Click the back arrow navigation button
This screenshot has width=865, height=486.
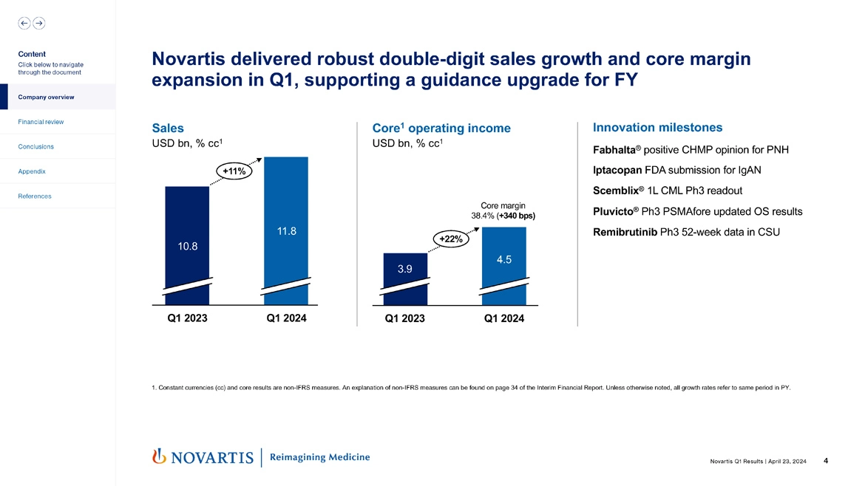[24, 23]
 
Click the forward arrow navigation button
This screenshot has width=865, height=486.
[38, 23]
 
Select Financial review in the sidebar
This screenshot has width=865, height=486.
[41, 121]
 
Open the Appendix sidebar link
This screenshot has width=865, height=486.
[32, 171]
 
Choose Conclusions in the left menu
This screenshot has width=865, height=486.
[35, 146]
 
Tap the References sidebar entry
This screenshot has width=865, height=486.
[34, 196]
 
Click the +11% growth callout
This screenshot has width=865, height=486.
[234, 171]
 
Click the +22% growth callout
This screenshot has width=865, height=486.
[450, 239]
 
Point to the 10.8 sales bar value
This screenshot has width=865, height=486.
[187, 245]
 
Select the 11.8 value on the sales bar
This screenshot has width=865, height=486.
[287, 231]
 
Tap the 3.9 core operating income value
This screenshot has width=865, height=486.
[405, 270]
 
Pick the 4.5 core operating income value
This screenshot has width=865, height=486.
[504, 259]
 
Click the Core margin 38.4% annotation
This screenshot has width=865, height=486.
[503, 211]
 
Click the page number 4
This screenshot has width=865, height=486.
[825, 461]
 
